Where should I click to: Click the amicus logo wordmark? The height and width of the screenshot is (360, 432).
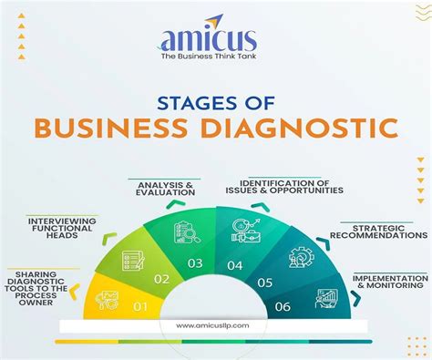click(209, 39)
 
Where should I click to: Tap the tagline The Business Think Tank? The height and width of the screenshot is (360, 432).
click(209, 57)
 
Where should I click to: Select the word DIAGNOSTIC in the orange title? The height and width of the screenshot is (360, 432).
click(299, 129)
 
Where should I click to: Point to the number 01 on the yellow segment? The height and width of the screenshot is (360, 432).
click(140, 307)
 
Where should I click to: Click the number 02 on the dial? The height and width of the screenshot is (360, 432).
click(161, 279)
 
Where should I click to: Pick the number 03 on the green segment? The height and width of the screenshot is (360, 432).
click(195, 263)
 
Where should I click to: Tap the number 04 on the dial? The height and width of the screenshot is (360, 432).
click(235, 265)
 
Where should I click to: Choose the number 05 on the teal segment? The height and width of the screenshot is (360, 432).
click(264, 283)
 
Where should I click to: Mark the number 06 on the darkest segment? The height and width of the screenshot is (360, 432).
click(283, 306)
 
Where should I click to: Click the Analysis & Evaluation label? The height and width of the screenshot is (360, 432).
click(166, 189)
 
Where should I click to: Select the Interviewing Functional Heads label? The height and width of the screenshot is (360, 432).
click(62, 228)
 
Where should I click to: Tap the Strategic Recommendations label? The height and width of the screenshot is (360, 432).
click(379, 231)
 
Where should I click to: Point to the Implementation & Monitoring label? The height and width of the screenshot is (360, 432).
click(390, 282)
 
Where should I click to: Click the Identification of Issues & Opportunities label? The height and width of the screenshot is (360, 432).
click(284, 187)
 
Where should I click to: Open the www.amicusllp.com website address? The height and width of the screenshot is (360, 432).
click(212, 325)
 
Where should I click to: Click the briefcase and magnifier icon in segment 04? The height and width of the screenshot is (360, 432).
click(246, 231)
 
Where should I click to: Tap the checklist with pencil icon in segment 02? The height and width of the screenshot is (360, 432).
click(133, 261)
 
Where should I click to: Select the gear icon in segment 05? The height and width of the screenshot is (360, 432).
click(302, 257)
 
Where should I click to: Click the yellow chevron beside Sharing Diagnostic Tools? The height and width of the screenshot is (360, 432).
click(75, 292)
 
